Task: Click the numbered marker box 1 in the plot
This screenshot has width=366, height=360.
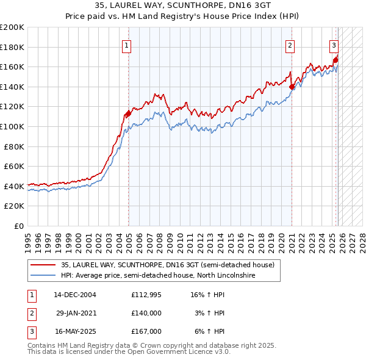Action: [126, 45]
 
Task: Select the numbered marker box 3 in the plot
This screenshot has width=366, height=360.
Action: [334, 45]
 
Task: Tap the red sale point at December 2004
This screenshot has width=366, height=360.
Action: [128, 113]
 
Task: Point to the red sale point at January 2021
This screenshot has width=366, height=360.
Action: [292, 87]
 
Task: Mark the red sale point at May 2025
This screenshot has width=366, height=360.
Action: [335, 60]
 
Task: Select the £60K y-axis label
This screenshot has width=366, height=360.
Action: [15, 166]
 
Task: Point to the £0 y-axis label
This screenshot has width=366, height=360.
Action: [19, 226]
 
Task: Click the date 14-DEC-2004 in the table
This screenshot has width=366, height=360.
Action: [74, 295]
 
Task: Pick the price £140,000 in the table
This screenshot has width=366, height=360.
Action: [146, 313]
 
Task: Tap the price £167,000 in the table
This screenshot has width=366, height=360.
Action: [146, 331]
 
